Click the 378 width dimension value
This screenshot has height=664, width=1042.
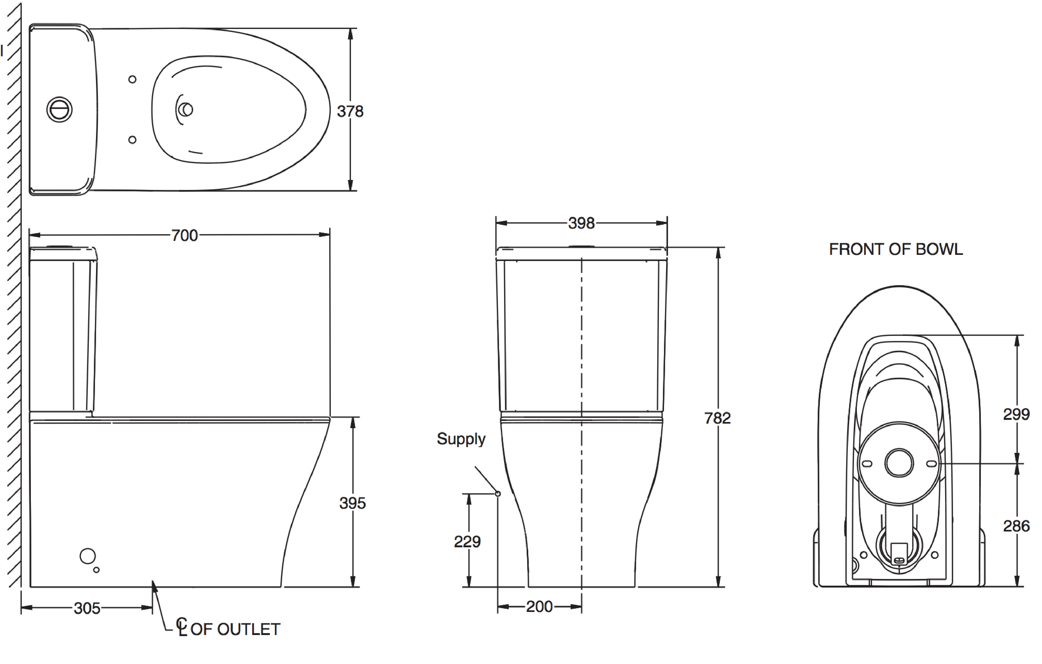point(350,112)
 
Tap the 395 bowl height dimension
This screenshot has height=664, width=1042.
point(352,503)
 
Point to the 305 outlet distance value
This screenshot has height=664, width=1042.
point(87,608)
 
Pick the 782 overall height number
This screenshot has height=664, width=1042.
point(717,418)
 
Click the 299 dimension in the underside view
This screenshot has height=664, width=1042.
point(1016,415)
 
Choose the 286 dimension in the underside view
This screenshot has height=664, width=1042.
point(1016,526)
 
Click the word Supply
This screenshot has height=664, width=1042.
point(461,439)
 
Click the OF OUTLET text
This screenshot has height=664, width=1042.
point(235,629)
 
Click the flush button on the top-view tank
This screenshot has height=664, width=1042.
point(59,109)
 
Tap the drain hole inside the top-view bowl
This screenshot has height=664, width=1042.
point(186,110)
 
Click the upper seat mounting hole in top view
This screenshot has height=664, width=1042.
point(133,79)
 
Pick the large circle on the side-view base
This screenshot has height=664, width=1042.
point(87,556)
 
